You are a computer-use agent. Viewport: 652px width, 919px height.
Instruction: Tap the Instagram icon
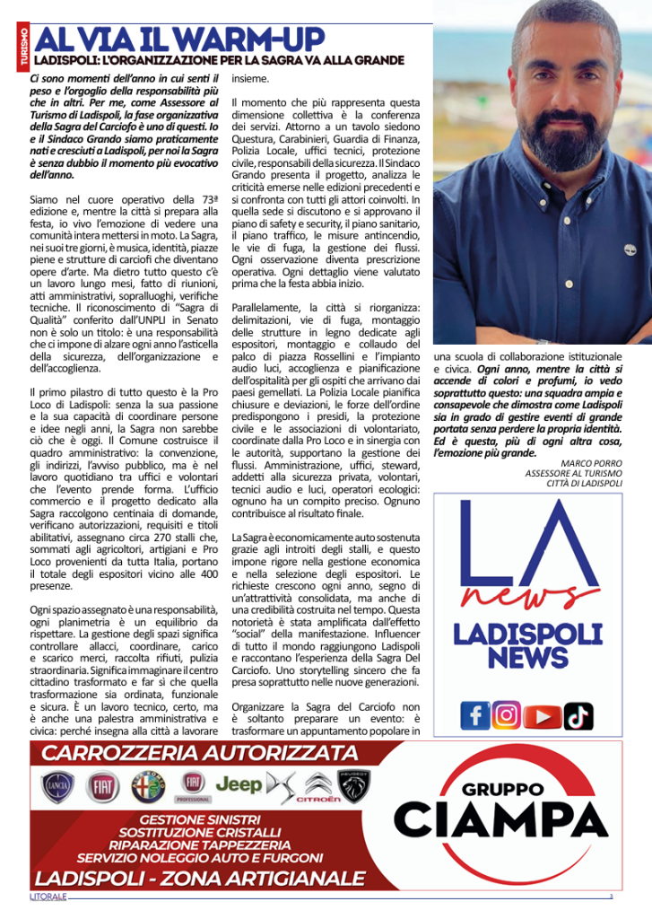(507, 714)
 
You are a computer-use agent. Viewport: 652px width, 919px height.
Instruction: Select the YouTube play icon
(542, 715)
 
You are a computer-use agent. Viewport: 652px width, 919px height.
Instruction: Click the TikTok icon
(578, 715)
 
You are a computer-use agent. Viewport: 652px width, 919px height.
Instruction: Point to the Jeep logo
(239, 784)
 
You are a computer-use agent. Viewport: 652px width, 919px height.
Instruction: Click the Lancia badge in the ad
(56, 787)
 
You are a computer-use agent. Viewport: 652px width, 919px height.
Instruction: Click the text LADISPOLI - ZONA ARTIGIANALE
(200, 877)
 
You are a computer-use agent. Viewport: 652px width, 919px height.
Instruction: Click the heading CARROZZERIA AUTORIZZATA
(200, 753)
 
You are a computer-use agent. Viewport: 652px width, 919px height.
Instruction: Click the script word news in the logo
(535, 597)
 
